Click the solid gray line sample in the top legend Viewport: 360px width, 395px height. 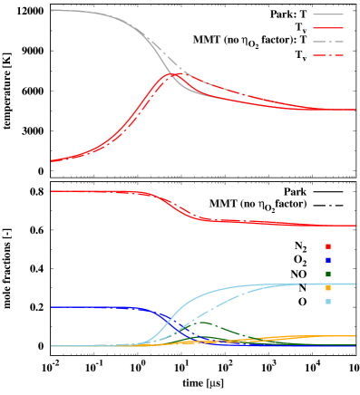point(328,14)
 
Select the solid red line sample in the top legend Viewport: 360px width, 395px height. point(328,28)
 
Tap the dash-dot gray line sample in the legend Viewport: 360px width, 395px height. point(328,42)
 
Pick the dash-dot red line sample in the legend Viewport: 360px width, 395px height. point(328,55)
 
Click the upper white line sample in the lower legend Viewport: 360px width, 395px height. point(328,218)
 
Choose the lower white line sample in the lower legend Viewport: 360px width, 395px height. point(328,232)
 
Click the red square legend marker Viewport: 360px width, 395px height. point(328,246)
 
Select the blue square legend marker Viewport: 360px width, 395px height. point(328,260)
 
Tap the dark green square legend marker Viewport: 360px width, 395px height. point(328,274)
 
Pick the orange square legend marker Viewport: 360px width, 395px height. point(328,288)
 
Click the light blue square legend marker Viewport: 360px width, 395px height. point(328,302)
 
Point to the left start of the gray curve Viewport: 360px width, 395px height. point(52,10)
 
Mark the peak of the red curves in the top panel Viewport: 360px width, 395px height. point(174,73)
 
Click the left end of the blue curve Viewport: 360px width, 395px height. point(52,307)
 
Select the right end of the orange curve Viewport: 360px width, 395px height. point(355,336)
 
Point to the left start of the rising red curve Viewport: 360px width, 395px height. point(52,161)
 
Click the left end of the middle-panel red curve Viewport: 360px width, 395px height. point(52,191)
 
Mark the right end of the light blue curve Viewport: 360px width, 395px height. point(355,284)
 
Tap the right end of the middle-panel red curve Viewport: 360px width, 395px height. point(355,225)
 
